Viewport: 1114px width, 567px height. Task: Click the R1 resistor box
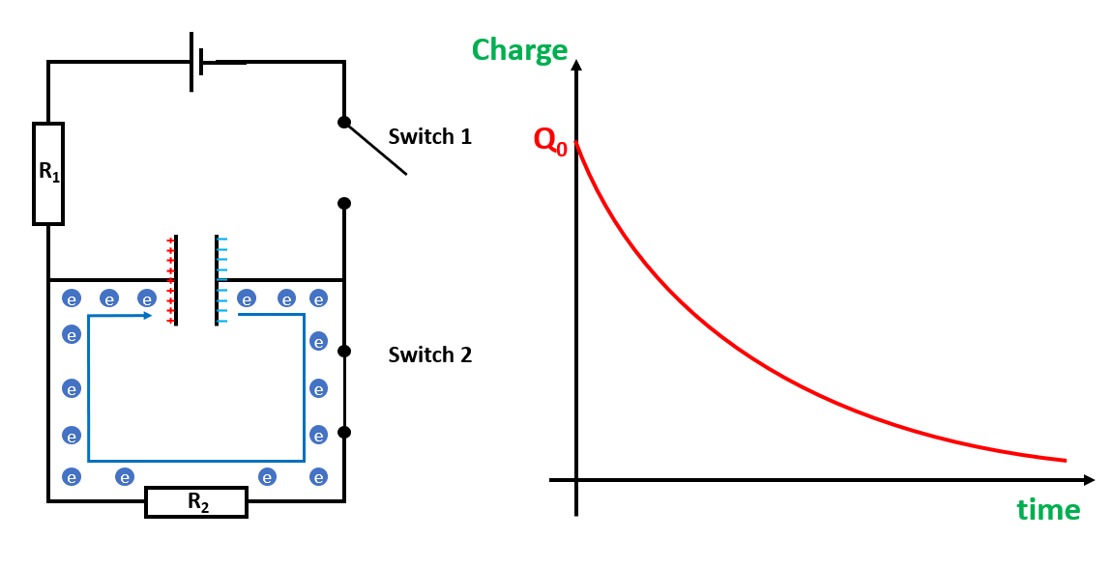point(48,174)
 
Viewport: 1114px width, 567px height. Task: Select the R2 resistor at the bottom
point(196,502)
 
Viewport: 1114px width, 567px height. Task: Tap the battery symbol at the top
point(197,63)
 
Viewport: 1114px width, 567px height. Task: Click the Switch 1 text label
point(429,136)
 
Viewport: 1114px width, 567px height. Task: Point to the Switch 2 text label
point(429,355)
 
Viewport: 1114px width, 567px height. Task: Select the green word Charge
point(519,50)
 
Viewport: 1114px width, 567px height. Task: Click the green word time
point(1048,509)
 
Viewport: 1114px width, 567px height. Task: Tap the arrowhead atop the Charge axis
point(576,65)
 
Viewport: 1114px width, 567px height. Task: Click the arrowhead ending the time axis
point(1089,479)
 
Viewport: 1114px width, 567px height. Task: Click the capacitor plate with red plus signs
point(176,280)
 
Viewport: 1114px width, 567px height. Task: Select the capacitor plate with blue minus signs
point(217,280)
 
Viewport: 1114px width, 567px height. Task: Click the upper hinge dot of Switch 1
point(343,122)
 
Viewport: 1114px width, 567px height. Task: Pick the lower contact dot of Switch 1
point(343,203)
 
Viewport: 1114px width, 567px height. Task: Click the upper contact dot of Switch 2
point(343,350)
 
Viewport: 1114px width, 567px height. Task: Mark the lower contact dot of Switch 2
point(343,432)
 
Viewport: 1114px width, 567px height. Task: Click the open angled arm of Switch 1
point(375,149)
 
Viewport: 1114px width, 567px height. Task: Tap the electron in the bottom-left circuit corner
point(71,476)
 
